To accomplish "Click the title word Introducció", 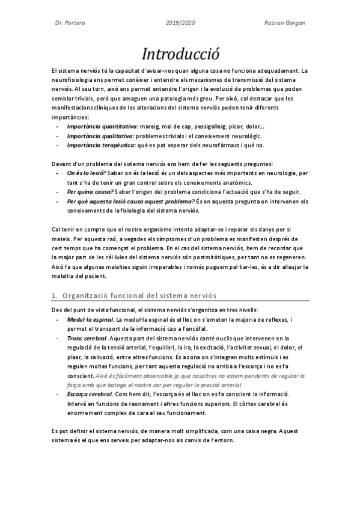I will [x=180, y=54].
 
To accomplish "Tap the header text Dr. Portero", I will [x=69, y=23].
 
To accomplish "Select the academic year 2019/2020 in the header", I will [x=180, y=23].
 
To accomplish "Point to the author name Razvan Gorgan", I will [x=284, y=23].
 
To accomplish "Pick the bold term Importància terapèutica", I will [x=100, y=145].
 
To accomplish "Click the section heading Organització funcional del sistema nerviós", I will [x=139, y=295].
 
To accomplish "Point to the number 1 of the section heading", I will [x=53, y=295].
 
